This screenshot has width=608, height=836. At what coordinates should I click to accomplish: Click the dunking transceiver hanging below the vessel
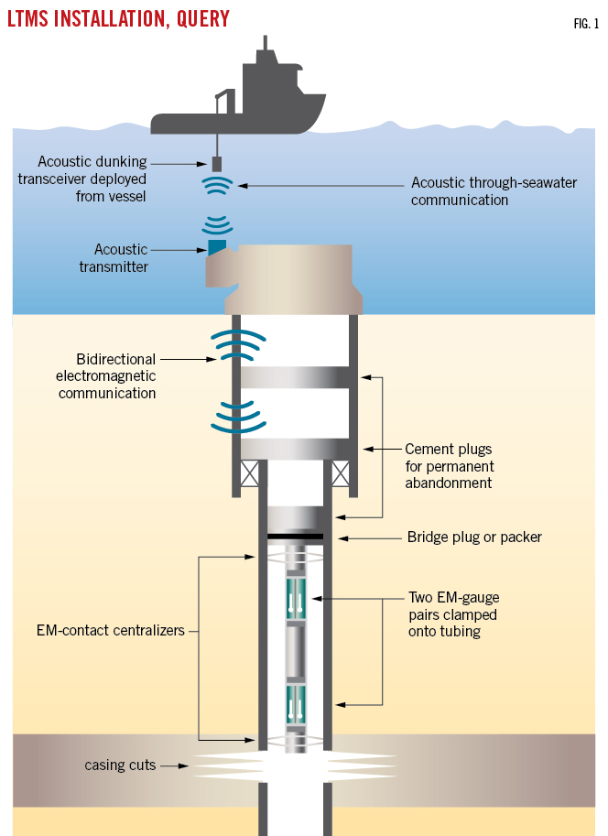click(217, 165)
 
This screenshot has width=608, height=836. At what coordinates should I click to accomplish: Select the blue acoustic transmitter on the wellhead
click(217, 246)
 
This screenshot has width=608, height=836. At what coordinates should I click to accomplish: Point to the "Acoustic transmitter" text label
click(120, 258)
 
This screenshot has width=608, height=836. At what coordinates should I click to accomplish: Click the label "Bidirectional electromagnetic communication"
click(107, 375)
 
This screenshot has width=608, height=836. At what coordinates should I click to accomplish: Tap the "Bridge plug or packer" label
click(474, 537)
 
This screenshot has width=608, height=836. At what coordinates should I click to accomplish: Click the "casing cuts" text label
click(120, 765)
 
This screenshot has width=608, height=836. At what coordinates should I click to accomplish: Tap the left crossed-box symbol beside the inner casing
click(247, 474)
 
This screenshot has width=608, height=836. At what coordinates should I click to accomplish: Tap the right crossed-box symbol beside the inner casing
click(341, 474)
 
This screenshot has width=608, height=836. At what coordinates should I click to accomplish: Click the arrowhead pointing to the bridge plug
click(340, 537)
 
